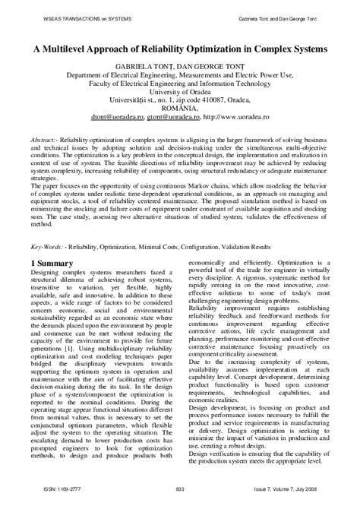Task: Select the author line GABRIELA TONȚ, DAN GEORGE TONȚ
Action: (179, 67)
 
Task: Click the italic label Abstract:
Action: (47, 141)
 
